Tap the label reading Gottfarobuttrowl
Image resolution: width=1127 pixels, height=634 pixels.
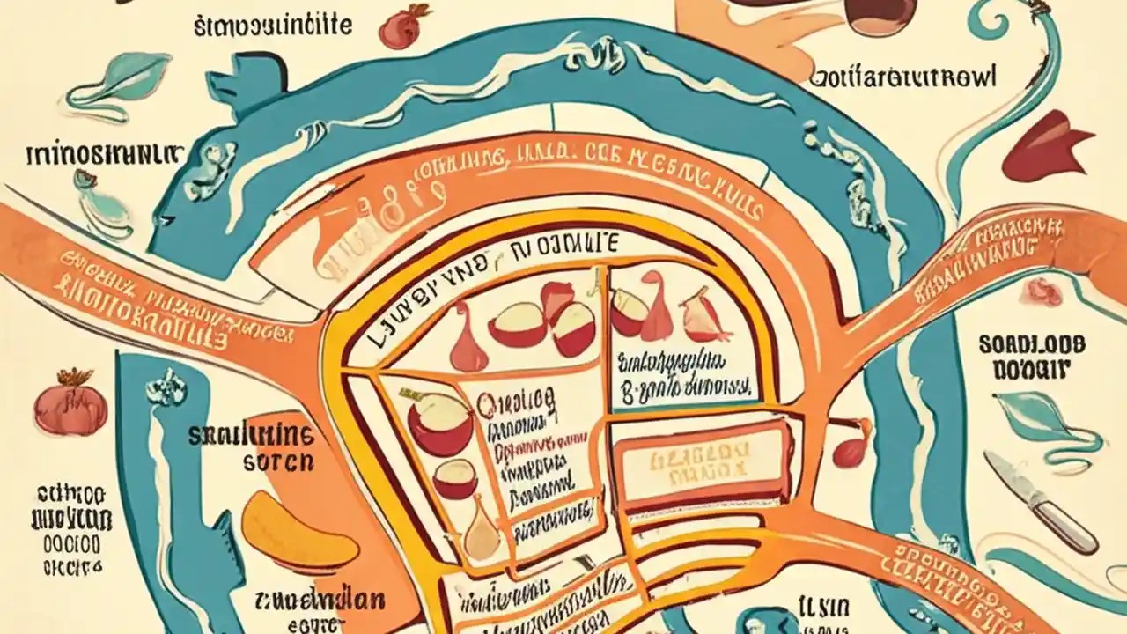tap(902, 77)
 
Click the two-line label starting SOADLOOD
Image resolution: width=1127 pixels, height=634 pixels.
tap(1031, 356)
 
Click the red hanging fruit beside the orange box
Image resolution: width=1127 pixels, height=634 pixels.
tap(851, 448)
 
